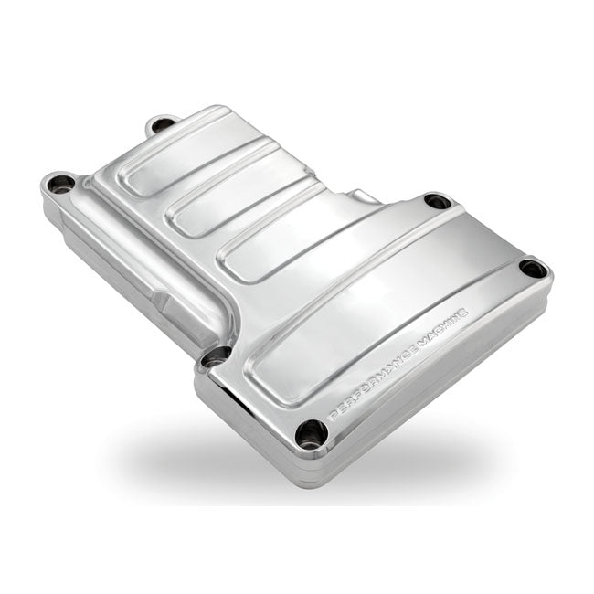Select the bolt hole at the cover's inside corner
tap(216, 356)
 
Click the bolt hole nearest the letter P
tap(313, 433)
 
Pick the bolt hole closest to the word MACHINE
tap(532, 269)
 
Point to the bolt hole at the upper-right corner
tap(437, 201)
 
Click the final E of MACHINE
tap(465, 312)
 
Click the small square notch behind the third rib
tap(366, 196)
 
